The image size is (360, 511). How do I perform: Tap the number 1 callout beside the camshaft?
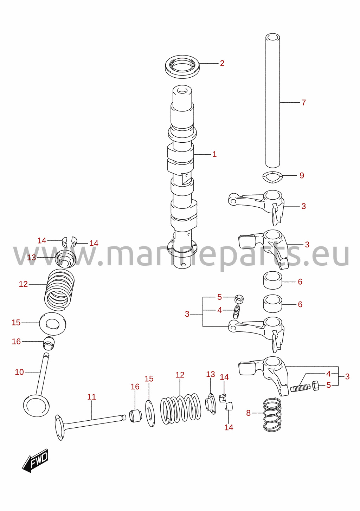(x=214, y=154)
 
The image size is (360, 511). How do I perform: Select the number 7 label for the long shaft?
(x=303, y=102)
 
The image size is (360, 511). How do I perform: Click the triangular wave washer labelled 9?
(x=272, y=177)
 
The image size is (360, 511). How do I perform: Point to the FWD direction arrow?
(x=36, y=461)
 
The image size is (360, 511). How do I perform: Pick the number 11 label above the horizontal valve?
(x=91, y=397)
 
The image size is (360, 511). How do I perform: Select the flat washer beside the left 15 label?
(x=53, y=323)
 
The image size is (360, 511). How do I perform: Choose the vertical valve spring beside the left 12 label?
(x=59, y=290)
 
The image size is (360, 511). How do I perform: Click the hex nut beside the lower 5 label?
(x=316, y=385)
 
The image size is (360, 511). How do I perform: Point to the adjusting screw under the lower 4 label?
(x=300, y=388)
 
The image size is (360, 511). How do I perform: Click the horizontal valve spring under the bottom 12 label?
(x=181, y=409)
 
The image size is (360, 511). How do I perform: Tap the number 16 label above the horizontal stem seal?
(x=135, y=387)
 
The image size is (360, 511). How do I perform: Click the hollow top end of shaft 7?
(x=273, y=37)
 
